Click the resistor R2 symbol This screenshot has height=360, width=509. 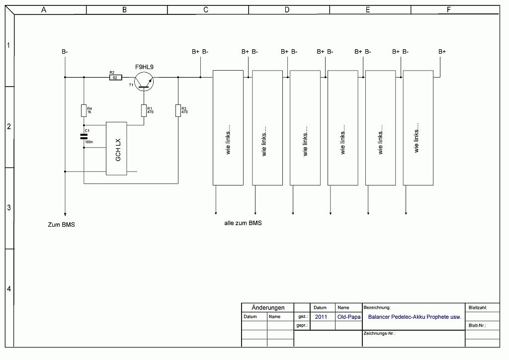pos(115,78)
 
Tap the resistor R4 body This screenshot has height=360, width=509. pos(84,110)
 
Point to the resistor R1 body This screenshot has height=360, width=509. pos(144,110)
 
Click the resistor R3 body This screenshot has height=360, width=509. pos(177,110)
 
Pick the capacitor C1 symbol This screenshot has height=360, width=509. pos(84,136)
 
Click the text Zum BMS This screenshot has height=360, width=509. pos(61,225)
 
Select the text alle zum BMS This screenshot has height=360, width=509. pos(243,223)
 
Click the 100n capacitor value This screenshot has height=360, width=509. pos(88,142)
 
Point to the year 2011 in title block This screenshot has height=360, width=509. pos(321,317)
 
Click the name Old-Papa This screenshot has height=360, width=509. pos(349,317)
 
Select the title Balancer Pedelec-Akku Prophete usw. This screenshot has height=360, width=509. pos(415,317)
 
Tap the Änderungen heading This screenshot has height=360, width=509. pos(268,308)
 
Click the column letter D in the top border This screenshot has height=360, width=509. pos(287,9)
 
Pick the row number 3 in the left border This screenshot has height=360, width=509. pos(8,208)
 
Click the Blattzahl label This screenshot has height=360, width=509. pos(477,308)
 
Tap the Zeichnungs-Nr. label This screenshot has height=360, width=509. pos(379,333)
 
